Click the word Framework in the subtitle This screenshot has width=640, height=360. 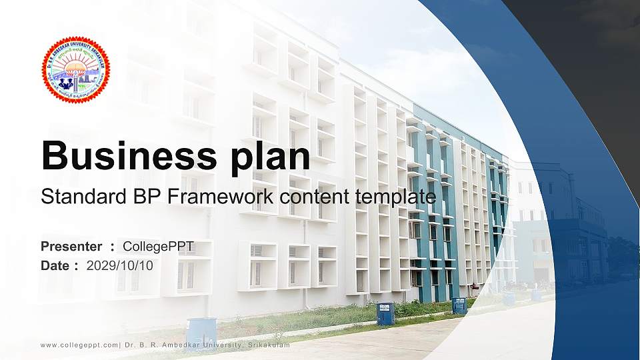click(x=213, y=197)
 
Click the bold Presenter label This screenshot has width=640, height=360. click(x=71, y=247)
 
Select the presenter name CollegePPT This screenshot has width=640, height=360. click(x=158, y=247)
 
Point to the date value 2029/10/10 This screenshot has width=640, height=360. click(x=120, y=265)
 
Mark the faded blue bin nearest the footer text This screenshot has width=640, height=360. click(x=200, y=331)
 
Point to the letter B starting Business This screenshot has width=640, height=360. click(x=53, y=156)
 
